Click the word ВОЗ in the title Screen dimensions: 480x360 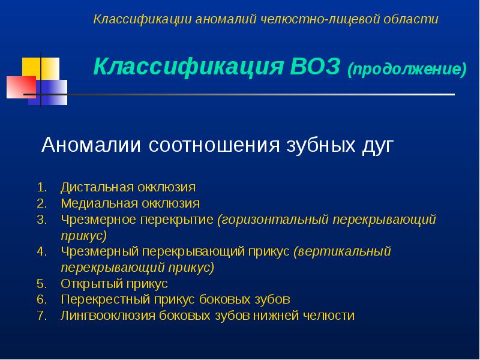point(314,67)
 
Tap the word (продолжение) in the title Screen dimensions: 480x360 point(407,69)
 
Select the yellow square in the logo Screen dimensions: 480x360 point(41,69)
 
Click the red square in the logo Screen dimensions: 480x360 point(21,87)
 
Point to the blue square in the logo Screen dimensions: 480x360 point(48,92)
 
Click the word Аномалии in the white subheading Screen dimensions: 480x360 point(91,145)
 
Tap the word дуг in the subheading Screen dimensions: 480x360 point(377,146)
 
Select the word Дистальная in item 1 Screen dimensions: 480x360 point(97,187)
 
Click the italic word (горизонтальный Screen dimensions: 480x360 point(273,220)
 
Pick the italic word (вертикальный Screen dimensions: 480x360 point(342,251)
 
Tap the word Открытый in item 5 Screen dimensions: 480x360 point(92,284)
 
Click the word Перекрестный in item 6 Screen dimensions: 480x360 point(105,299)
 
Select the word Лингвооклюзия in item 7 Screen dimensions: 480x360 point(108,316)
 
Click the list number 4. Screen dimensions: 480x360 point(42,251)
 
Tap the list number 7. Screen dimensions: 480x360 point(42,316)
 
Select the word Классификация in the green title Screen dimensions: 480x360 point(188,67)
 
